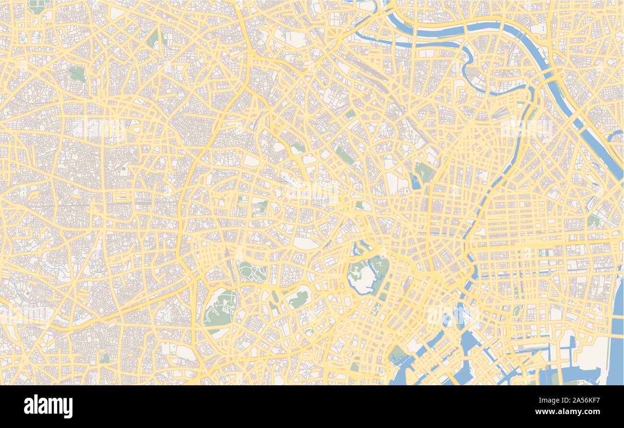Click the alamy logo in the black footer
point(48,406)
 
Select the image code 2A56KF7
point(587,400)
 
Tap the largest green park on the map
point(220,307)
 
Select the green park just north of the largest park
point(252,272)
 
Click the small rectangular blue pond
point(414,181)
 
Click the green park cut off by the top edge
point(36,6)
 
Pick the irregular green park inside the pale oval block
point(299,299)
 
